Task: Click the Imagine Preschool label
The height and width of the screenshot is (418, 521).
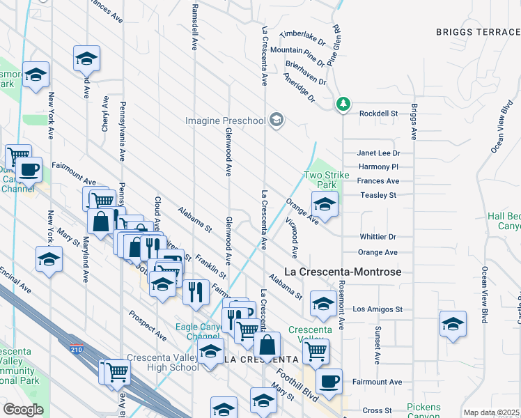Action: [x=226, y=121]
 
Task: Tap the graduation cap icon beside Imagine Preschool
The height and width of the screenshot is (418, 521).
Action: [x=277, y=121]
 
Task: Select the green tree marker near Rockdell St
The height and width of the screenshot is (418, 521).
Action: [x=342, y=104]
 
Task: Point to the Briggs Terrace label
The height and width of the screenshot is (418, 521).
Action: [x=478, y=31]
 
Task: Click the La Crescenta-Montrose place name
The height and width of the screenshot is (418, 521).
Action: [x=344, y=272]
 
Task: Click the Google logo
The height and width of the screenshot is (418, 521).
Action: [x=22, y=410]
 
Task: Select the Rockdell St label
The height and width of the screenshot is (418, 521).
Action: [x=378, y=113]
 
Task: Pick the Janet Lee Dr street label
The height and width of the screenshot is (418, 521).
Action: [x=378, y=153]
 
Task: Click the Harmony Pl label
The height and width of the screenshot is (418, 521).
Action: [x=378, y=167]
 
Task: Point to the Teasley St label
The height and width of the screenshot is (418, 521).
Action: [x=378, y=196]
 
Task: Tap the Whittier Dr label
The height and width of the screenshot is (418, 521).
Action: [x=378, y=237]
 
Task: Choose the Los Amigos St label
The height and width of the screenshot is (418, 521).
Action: [x=378, y=309]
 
